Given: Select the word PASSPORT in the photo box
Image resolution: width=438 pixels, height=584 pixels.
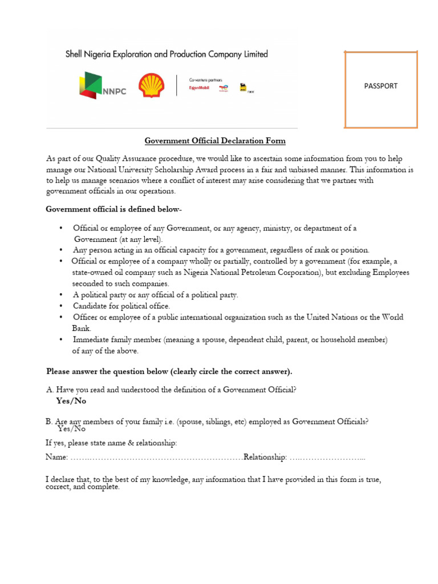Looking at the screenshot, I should click(x=380, y=86).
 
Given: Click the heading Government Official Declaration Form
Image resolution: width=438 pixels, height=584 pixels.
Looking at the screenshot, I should click(x=215, y=140).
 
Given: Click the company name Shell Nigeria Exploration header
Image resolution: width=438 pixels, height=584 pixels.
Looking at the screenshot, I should click(x=166, y=54).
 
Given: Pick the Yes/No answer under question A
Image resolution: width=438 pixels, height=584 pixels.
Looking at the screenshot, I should click(x=71, y=401).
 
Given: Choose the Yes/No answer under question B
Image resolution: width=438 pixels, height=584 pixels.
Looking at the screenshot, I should click(x=71, y=429).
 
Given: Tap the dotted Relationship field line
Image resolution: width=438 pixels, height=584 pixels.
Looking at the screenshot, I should click(x=327, y=457).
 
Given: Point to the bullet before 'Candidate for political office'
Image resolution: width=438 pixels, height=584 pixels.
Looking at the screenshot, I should click(x=62, y=306).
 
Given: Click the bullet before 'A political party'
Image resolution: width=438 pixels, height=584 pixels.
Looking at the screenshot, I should click(x=62, y=295).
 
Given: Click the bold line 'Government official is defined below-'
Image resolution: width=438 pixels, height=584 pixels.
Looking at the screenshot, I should click(x=114, y=209).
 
